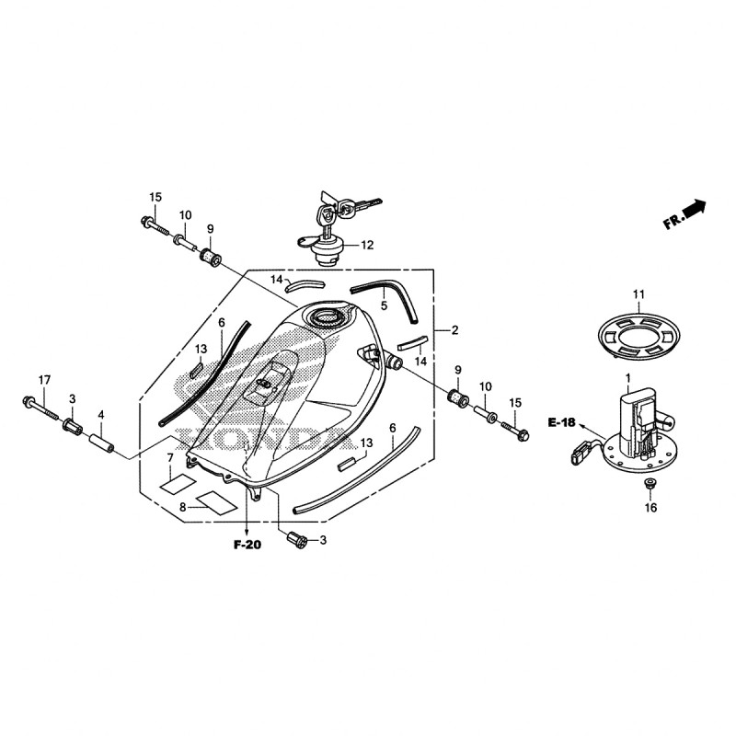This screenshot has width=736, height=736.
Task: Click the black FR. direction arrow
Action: click(x=696, y=209)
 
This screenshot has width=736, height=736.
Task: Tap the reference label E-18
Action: click(x=561, y=422)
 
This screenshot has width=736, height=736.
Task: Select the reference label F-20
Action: click(x=247, y=545)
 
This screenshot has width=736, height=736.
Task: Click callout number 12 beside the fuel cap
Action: click(x=367, y=245)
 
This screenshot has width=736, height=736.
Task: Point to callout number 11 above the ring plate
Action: click(x=638, y=294)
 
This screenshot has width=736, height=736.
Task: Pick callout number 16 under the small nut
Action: click(x=650, y=508)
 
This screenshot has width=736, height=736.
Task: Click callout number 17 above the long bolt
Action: click(x=44, y=380)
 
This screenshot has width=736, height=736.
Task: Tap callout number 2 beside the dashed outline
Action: click(x=454, y=330)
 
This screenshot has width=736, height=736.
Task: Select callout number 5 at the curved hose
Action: click(x=384, y=306)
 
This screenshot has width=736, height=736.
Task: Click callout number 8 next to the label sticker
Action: click(x=182, y=508)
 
